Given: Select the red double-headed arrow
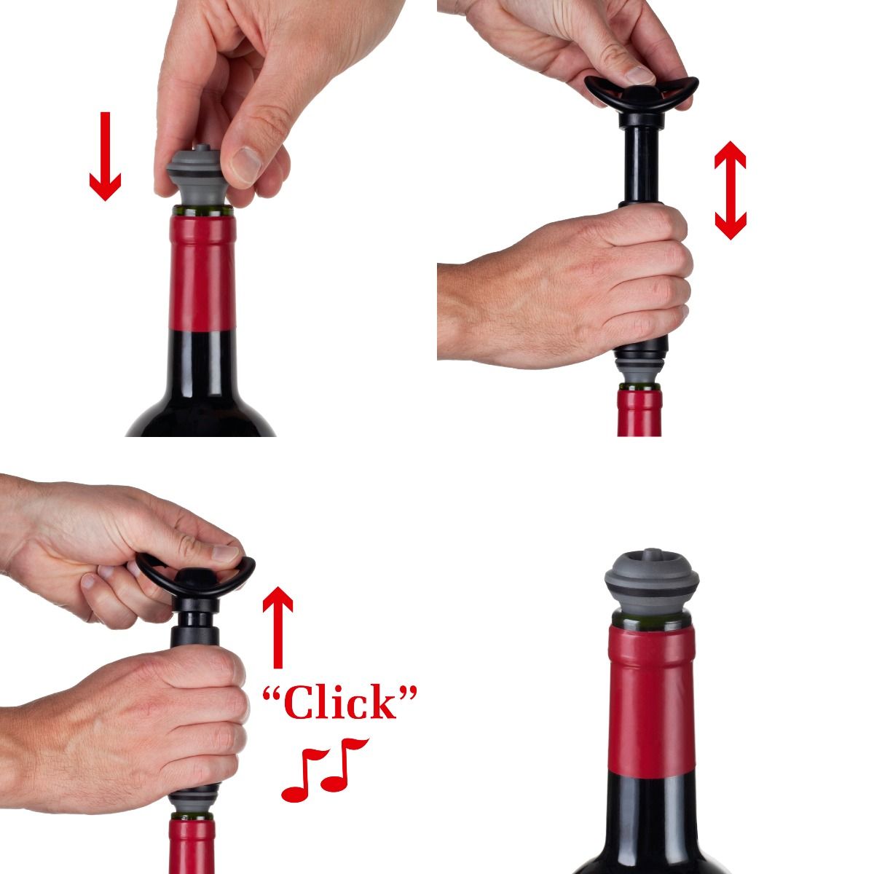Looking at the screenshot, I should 730,191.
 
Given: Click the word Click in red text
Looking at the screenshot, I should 340,704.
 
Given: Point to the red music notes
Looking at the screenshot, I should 324,769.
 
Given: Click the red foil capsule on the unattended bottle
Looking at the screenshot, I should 644,699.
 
